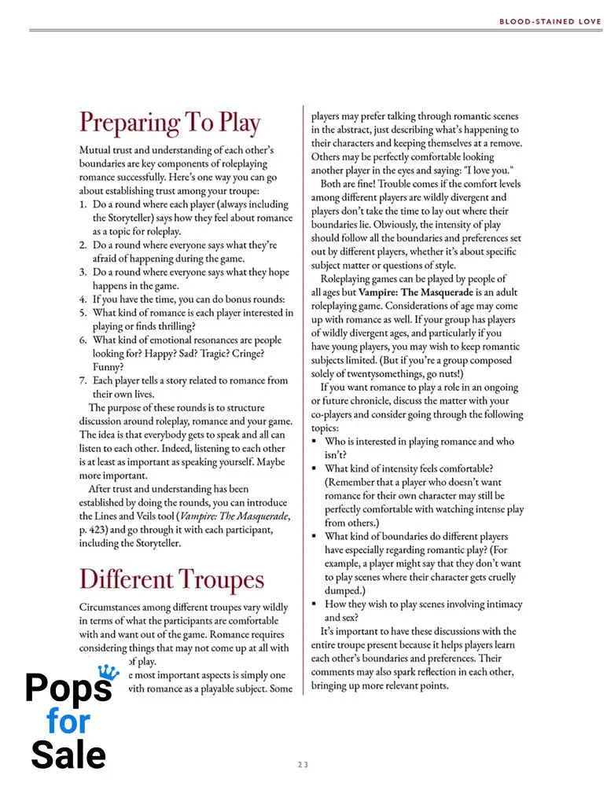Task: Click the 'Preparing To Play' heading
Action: click(x=169, y=123)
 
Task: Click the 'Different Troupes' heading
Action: click(x=171, y=579)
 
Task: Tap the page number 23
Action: click(x=303, y=764)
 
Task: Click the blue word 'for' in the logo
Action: click(x=68, y=721)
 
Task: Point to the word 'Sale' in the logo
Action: click(x=68, y=755)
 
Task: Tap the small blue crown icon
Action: click(x=105, y=670)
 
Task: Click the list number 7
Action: click(x=83, y=380)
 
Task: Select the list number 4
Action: click(x=83, y=299)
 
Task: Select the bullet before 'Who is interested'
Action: click(x=315, y=443)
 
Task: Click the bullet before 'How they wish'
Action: click(x=315, y=604)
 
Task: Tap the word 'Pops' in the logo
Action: click(x=67, y=688)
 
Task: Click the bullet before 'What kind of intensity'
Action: click(x=315, y=469)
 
